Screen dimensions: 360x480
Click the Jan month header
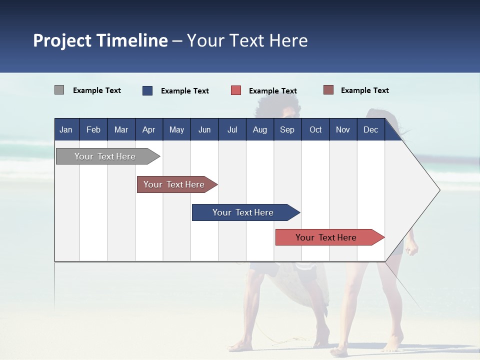[x=66, y=129]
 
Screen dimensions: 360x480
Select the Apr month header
[x=148, y=129]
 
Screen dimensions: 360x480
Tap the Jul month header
[x=232, y=129]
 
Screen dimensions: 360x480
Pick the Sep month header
[x=287, y=129]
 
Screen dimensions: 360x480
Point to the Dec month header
[x=370, y=129]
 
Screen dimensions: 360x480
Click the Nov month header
[x=342, y=129]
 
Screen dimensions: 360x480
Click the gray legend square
[x=59, y=90]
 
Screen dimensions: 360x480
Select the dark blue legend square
[x=147, y=90]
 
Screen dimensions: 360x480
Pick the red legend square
[x=236, y=90]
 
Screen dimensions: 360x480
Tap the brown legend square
[x=328, y=90]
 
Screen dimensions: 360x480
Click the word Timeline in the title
[x=131, y=40]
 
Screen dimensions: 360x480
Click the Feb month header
[x=93, y=129]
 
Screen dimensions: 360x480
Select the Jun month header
[x=204, y=129]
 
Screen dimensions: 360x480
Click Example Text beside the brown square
[x=364, y=90]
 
